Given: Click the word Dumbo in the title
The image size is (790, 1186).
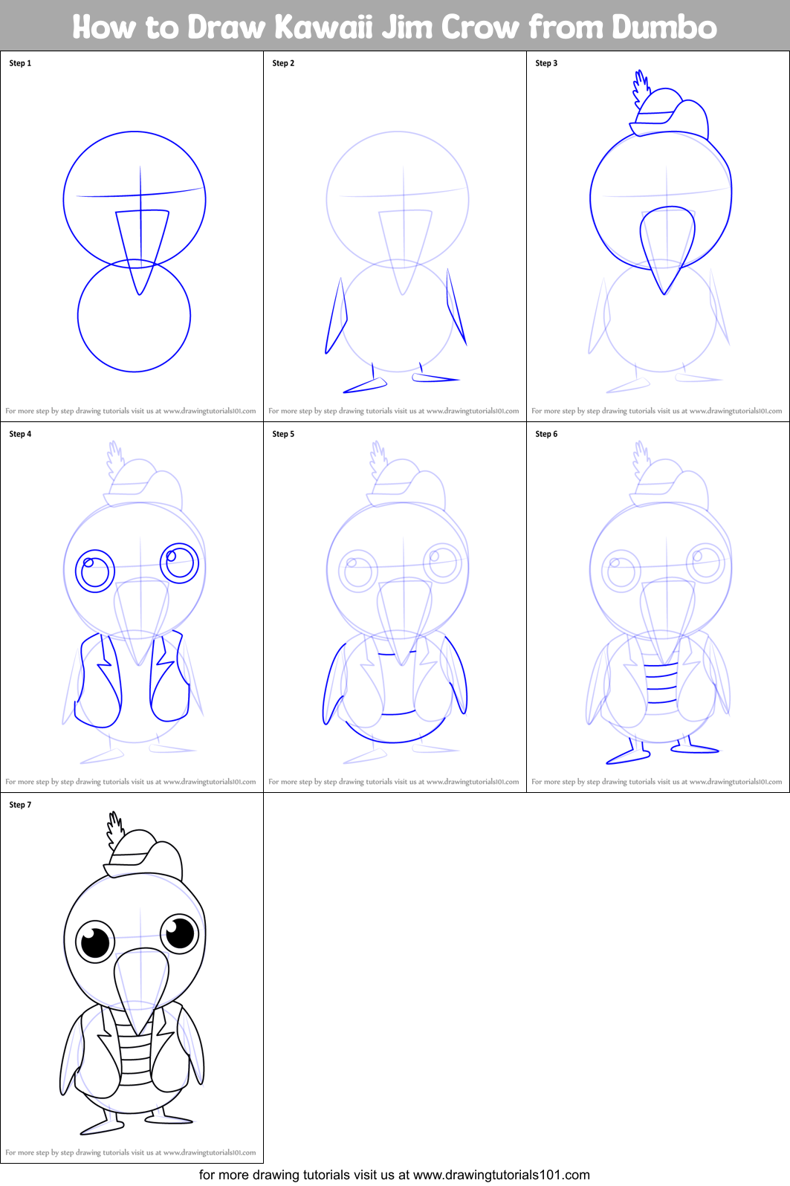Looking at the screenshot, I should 664,27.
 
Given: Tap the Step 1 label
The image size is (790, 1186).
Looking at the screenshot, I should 20,63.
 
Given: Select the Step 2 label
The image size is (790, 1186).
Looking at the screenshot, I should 283,63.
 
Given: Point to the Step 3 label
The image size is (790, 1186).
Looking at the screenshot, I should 546,63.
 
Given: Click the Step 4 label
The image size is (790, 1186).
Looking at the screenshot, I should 20,434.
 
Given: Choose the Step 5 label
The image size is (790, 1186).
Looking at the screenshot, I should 283,434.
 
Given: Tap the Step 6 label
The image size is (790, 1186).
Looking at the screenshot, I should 546,434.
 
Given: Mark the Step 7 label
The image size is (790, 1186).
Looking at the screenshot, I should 20,805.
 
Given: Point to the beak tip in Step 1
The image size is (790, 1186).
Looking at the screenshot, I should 139,292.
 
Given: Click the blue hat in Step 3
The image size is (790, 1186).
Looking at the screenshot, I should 673,111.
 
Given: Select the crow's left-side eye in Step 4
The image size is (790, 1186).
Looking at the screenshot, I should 95,571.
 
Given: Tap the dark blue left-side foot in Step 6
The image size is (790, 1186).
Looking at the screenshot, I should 628,756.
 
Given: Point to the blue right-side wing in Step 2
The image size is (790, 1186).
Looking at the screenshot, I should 456,308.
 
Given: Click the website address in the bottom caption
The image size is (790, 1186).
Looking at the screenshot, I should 501,1175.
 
